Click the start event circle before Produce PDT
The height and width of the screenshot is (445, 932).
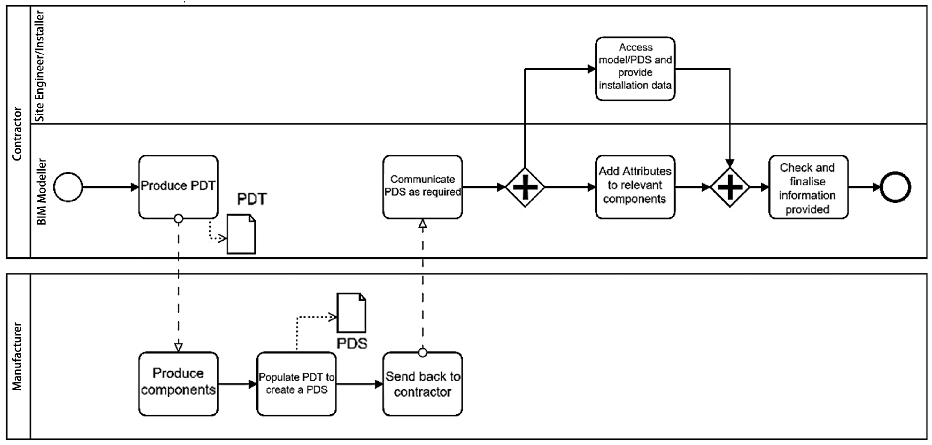[x=68, y=187]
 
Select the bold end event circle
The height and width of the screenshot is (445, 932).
[x=895, y=187]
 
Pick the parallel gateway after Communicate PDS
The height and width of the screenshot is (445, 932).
[x=525, y=187]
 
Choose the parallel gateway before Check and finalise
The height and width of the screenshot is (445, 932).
[x=729, y=187]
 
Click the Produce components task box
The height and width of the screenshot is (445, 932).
[x=178, y=383]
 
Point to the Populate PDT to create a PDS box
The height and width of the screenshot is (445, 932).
[x=296, y=383]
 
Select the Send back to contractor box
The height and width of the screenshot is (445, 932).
[x=422, y=383]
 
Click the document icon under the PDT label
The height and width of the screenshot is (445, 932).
[x=241, y=234]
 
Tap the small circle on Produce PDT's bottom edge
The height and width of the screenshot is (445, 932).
[x=178, y=219]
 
